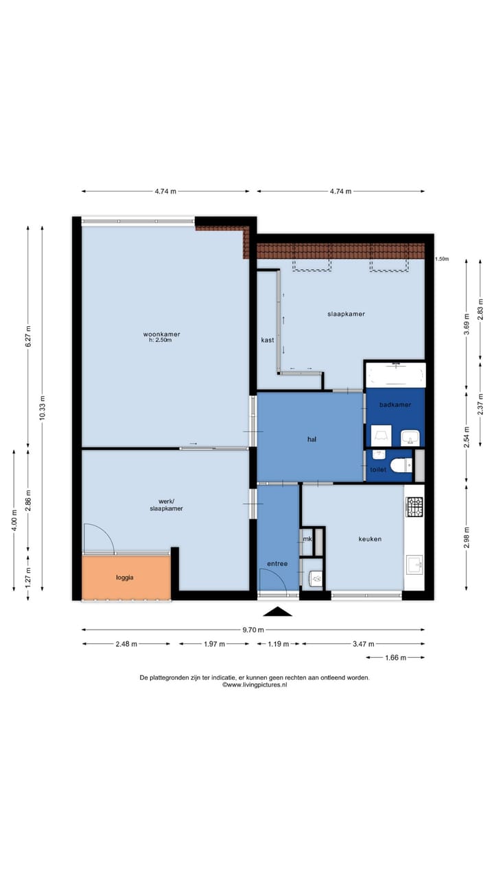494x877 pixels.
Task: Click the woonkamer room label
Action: click(161, 334)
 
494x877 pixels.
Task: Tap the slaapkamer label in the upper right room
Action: click(346, 314)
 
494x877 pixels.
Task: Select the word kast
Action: click(268, 341)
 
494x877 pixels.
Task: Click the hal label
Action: click(311, 440)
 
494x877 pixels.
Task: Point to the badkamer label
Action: click(395, 405)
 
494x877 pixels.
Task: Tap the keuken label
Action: click(370, 539)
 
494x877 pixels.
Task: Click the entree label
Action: click(277, 564)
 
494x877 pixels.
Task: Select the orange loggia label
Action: click(125, 578)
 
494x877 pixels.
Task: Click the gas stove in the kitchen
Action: click(414, 506)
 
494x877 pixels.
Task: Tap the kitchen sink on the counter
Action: click(414, 565)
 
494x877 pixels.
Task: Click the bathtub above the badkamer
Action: click(395, 375)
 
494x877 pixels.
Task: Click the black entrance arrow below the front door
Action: click(278, 611)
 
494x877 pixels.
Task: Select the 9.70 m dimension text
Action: click(253, 630)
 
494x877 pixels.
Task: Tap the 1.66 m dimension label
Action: click(395, 658)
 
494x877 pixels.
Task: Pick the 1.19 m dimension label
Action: click(278, 644)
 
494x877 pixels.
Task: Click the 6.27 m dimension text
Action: click(28, 336)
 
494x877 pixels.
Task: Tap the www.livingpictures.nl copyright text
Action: click(255, 685)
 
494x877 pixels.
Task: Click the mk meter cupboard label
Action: click(307, 539)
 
